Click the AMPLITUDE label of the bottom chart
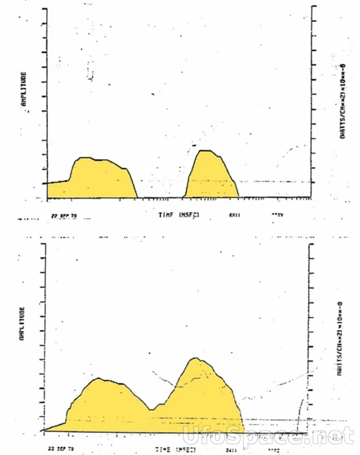23,324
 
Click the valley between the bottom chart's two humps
151,409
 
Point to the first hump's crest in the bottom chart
99,379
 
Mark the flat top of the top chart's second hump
205,151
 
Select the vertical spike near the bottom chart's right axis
299,414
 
